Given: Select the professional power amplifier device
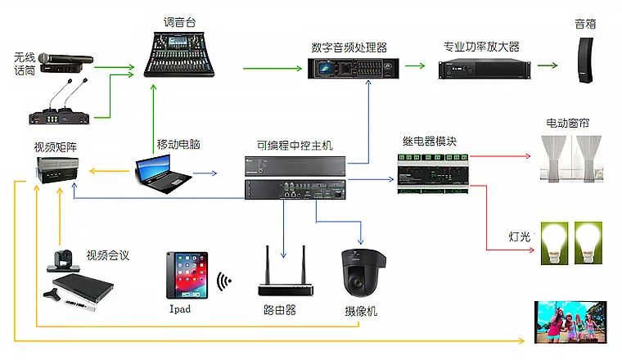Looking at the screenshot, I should (x=480, y=69).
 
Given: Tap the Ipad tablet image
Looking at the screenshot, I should (x=186, y=275).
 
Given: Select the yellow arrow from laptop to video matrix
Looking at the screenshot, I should (x=109, y=172).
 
